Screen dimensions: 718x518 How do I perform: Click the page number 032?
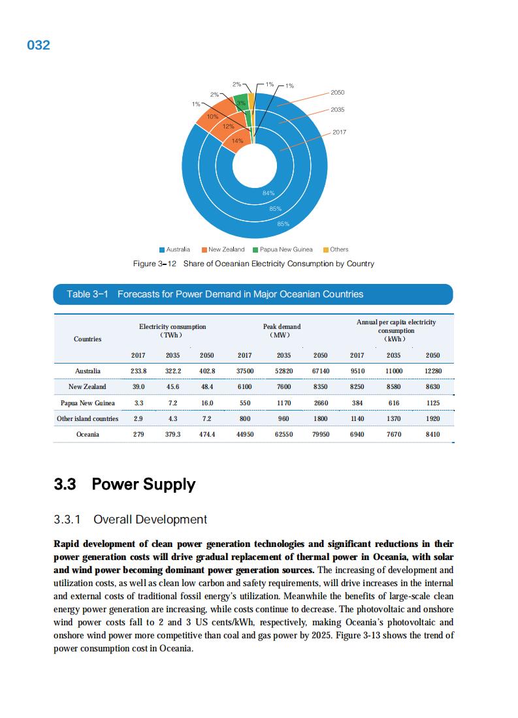point(39,46)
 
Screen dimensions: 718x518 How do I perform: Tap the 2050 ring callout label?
point(338,93)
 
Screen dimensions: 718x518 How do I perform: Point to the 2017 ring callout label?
point(340,133)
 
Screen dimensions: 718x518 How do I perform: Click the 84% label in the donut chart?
point(268,193)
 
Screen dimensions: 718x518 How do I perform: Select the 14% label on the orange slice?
point(237,141)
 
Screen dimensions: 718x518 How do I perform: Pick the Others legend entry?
point(336,249)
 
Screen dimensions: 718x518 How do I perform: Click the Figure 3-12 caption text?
point(253,264)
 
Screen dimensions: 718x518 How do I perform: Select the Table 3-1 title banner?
point(253,294)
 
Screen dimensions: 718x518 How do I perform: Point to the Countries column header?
point(88,339)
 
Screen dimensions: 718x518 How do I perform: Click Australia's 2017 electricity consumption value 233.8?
point(138,371)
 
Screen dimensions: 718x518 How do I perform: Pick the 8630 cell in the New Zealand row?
point(432,387)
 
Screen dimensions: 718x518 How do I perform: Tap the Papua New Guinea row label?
point(88,403)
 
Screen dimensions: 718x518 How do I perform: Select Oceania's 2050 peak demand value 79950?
point(320,434)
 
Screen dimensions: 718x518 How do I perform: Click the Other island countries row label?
point(88,418)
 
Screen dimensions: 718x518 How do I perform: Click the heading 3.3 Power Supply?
point(125,484)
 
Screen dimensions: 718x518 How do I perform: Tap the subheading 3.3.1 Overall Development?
point(131,520)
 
